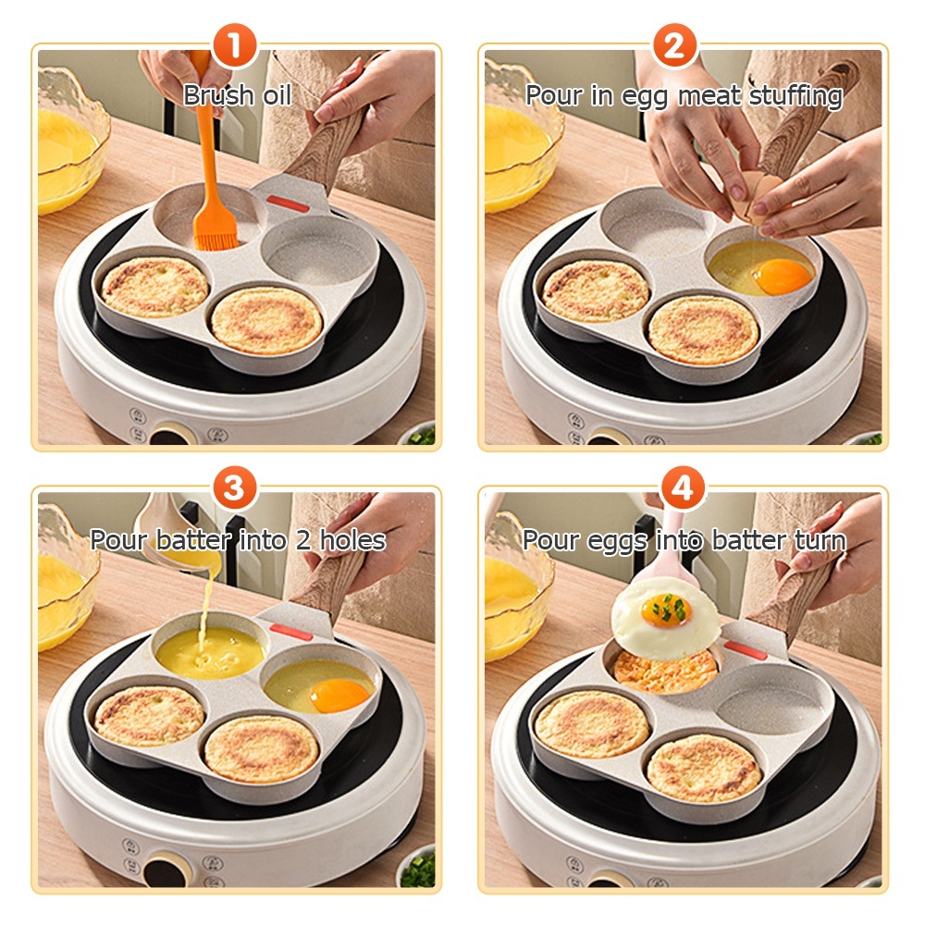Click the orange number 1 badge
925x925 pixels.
click(x=235, y=46)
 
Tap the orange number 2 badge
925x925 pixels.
click(x=674, y=46)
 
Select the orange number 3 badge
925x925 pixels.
click(x=235, y=488)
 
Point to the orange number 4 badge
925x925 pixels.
click(x=684, y=488)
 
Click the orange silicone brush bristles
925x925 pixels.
click(x=216, y=232)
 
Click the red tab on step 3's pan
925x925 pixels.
click(x=291, y=635)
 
